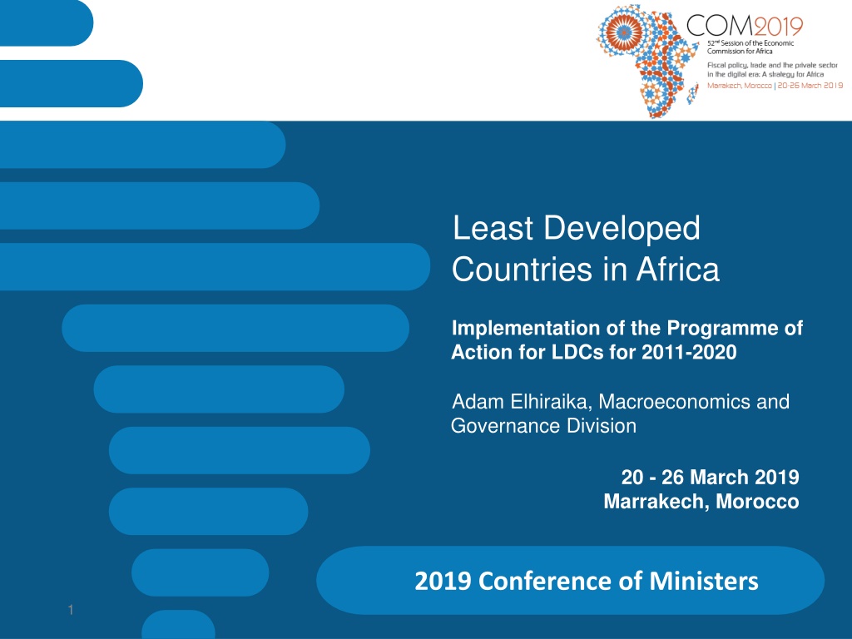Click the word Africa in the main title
pyautogui.click(x=678, y=269)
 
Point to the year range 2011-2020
pyautogui.click(x=689, y=352)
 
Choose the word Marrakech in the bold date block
pyautogui.click(x=656, y=501)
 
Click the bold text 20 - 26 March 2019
pyautogui.click(x=710, y=477)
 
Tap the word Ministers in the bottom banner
pyautogui.click(x=704, y=581)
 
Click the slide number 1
pyautogui.click(x=71, y=610)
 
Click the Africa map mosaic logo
pyautogui.click(x=646, y=60)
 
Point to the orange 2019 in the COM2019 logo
pyautogui.click(x=778, y=26)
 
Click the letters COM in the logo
pyautogui.click(x=720, y=26)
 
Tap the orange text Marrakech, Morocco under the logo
pyautogui.click(x=740, y=86)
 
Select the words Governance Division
pyautogui.click(x=543, y=425)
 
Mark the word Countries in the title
pyautogui.click(x=522, y=269)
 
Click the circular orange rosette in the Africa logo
pyautogui.click(x=624, y=32)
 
